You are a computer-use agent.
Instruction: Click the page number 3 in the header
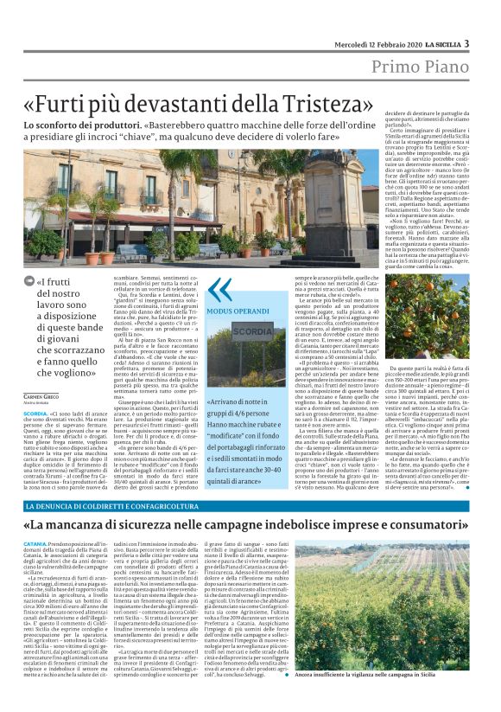click(466, 43)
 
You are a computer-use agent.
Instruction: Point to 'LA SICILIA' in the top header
click(441, 44)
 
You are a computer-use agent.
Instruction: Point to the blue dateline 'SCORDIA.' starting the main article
click(36, 414)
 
